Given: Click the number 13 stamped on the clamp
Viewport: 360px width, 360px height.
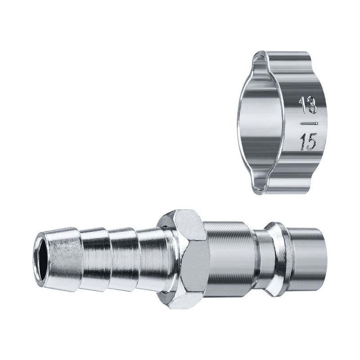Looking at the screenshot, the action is pos(308,105).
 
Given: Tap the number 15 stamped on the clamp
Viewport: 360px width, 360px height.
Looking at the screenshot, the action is pos(309,142).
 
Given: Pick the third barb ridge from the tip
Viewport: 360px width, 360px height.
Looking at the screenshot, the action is pos(123,259).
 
